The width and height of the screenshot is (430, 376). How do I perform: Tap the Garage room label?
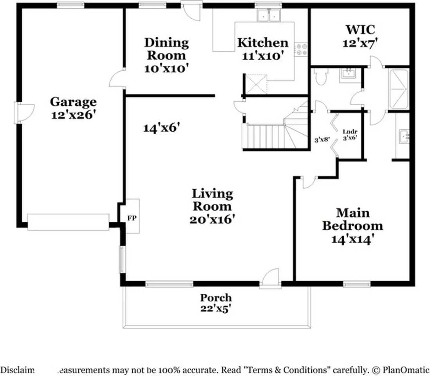[x=73, y=102]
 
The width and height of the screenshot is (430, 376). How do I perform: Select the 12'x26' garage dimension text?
[x=73, y=115]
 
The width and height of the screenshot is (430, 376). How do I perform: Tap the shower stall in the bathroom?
[x=398, y=89]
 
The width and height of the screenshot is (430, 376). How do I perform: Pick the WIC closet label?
[x=360, y=30]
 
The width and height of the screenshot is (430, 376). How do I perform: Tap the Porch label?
[x=216, y=298]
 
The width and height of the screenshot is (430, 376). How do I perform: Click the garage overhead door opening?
[x=68, y=222]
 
